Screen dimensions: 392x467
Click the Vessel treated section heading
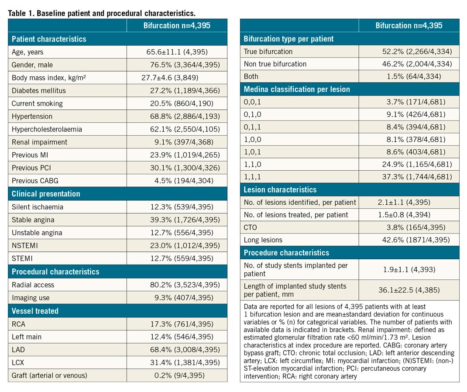35,311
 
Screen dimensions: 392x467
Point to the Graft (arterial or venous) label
49,375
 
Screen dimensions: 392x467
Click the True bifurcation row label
268,52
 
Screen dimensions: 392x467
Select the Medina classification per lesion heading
297,89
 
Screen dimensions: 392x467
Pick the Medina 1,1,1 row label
253,177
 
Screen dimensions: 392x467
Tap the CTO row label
251,227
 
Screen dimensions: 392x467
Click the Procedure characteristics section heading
286,253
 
